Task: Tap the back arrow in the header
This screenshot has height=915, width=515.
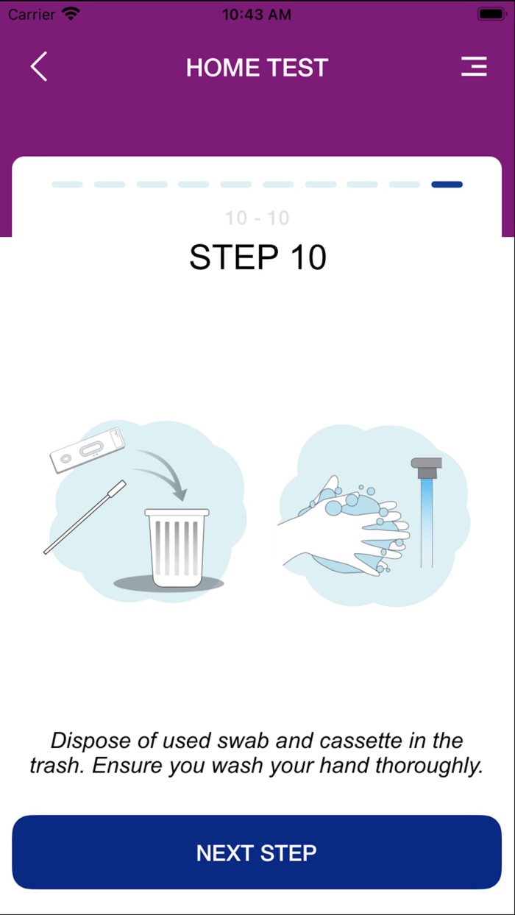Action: tap(39, 67)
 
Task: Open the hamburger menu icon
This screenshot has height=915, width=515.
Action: tap(474, 67)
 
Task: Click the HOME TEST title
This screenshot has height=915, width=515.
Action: tap(257, 68)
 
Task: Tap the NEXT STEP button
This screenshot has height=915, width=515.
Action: tap(257, 852)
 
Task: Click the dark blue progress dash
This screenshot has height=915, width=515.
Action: tap(447, 185)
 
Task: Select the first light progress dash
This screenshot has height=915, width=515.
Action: tap(67, 185)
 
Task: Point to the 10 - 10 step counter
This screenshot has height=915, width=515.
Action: tap(257, 218)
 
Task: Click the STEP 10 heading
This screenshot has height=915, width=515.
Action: tap(257, 257)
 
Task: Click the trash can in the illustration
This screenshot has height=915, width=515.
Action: tap(177, 544)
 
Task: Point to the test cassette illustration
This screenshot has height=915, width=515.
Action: tap(88, 450)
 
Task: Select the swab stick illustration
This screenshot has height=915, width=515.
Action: tap(85, 517)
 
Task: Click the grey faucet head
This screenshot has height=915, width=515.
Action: tap(426, 466)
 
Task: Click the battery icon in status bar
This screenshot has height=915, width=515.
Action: tap(491, 13)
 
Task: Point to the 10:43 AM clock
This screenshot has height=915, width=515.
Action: tap(257, 13)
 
